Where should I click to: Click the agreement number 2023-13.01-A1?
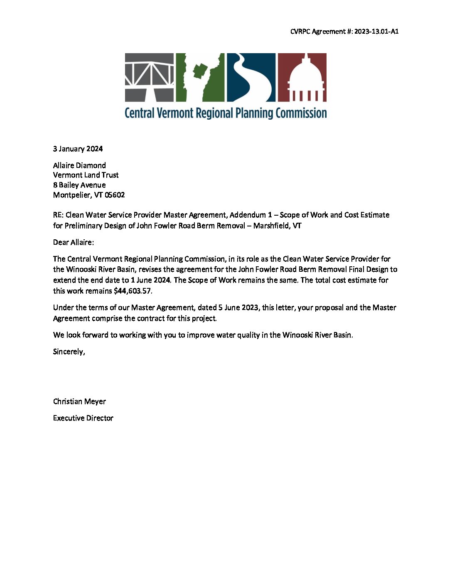click(x=376, y=32)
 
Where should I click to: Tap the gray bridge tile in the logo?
click(x=149, y=77)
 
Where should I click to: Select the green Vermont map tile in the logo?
click(x=200, y=77)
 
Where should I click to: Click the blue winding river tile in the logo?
click(x=251, y=77)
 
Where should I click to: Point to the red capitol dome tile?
click(x=302, y=77)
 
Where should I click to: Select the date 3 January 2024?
click(x=78, y=149)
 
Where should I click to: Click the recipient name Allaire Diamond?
click(x=79, y=165)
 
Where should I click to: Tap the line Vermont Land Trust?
click(x=86, y=175)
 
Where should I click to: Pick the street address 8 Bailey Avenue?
click(x=79, y=185)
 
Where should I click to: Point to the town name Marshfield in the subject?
click(x=270, y=226)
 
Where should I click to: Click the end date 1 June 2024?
click(x=150, y=280)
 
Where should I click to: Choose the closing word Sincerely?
click(x=69, y=351)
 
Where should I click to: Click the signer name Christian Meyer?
click(x=79, y=401)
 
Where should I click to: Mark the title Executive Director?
click(x=83, y=418)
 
